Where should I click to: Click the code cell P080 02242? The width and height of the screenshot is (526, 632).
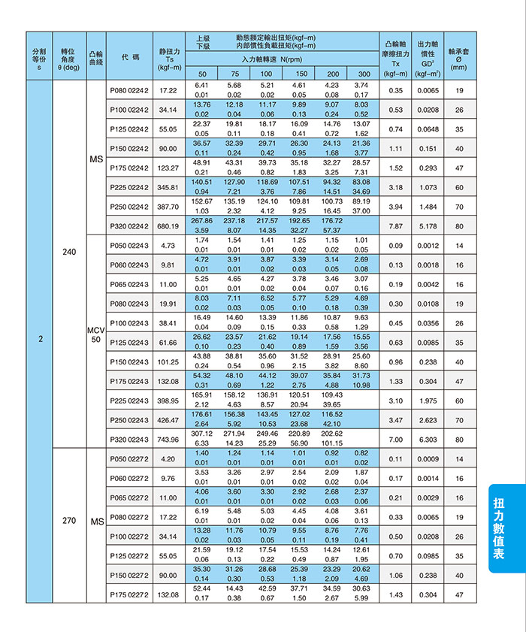pos(129,90)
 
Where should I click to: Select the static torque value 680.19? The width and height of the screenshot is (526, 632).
pos(168,225)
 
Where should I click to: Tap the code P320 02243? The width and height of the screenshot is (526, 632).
pos(129,439)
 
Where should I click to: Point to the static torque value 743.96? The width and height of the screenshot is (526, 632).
pos(168,439)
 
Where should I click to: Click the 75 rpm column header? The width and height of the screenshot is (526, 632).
pos(234,74)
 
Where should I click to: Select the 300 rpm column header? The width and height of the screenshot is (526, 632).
pos(364,74)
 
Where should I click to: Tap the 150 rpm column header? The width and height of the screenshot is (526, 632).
pos(301,74)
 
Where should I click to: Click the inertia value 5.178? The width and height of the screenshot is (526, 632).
pos(428,225)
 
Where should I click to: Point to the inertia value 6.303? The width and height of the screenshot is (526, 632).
pos(428,439)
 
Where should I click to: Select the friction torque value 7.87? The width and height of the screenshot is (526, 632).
pos(395,225)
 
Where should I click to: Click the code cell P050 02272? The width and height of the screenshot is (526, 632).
pos(129,458)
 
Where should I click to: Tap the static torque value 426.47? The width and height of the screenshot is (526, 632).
pos(168,419)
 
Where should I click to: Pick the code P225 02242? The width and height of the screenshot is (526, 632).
pos(129,186)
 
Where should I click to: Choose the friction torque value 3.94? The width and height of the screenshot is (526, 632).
pos(395,206)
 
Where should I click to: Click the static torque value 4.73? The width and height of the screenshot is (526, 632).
pos(168,245)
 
